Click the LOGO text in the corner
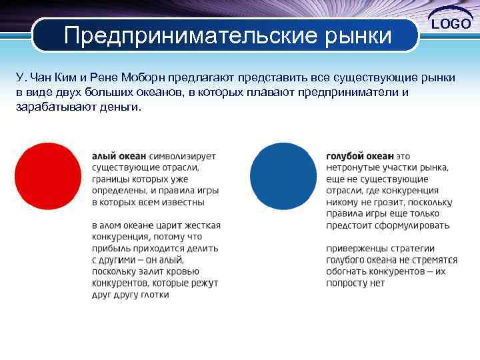(453, 24)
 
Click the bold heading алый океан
(119, 155)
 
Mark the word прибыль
(110, 248)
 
